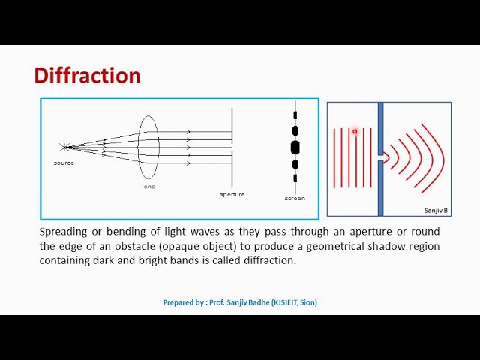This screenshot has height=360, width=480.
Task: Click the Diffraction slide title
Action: pyautogui.click(x=87, y=76)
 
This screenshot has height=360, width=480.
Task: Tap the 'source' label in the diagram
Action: pyautogui.click(x=64, y=163)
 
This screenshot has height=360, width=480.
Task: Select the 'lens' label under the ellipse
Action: pyautogui.click(x=148, y=186)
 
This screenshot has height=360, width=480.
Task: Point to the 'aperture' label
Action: pyautogui.click(x=232, y=194)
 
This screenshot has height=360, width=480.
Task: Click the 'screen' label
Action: pyautogui.click(x=295, y=198)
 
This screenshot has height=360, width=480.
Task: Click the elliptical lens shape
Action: pyautogui.click(x=148, y=147)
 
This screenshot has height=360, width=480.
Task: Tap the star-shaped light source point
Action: pyautogui.click(x=65, y=147)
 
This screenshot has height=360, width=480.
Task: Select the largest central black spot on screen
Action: pyautogui.click(x=295, y=147)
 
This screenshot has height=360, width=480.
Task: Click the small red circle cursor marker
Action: pyautogui.click(x=355, y=131)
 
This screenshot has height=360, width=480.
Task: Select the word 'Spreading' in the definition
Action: pyautogui.click(x=62, y=232)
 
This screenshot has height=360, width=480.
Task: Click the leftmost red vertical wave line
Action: pyautogui.click(x=334, y=157)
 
